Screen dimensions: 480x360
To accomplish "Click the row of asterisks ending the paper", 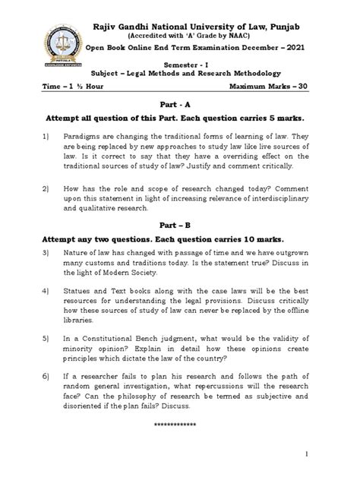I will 181,425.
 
